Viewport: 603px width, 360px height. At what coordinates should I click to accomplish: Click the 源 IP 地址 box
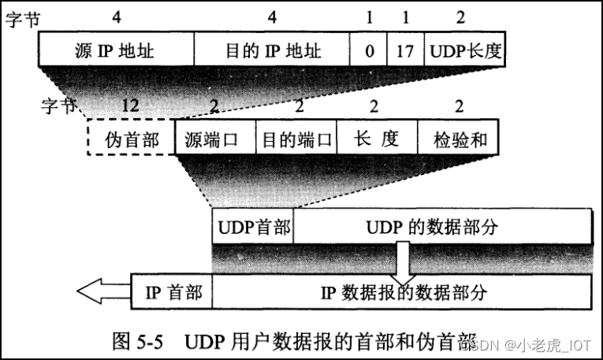[x=115, y=51]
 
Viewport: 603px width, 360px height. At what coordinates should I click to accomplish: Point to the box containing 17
[x=406, y=51]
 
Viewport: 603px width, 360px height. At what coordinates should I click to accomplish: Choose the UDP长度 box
[x=465, y=51]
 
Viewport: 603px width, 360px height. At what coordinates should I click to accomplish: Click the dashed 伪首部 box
[x=131, y=139]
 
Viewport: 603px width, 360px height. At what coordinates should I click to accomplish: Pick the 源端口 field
[x=215, y=139]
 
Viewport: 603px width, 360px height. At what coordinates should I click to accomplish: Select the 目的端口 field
[x=296, y=139]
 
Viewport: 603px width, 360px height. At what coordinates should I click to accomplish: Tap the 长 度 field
[x=377, y=139]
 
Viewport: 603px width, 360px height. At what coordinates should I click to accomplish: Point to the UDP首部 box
[x=252, y=228]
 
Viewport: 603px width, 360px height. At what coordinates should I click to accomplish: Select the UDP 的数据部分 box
[x=442, y=228]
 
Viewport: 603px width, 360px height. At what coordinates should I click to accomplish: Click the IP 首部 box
[x=173, y=293]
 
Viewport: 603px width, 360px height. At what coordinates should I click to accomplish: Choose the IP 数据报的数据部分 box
[x=402, y=293]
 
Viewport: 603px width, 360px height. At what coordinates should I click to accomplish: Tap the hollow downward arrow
[x=403, y=262]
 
